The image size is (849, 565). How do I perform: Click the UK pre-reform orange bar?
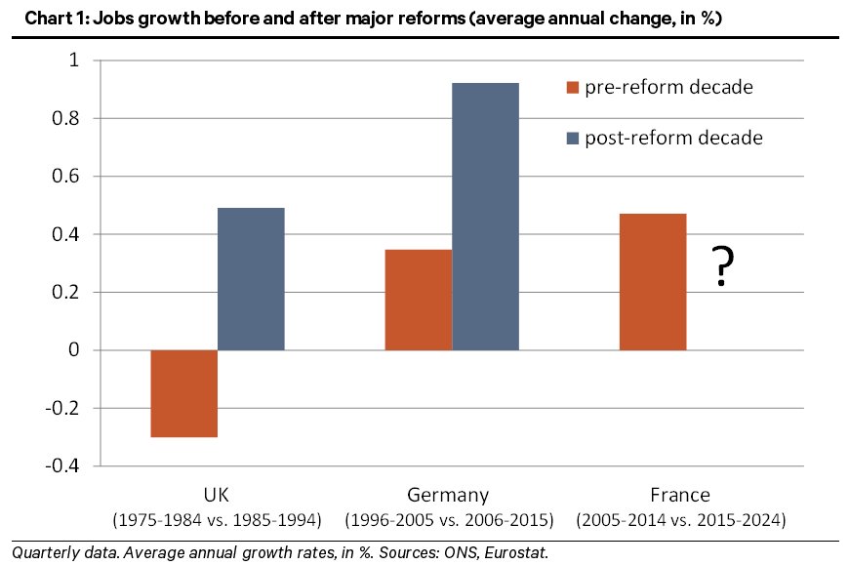184,393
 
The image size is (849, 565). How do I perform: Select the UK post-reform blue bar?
251,279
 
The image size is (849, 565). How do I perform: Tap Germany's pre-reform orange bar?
419,300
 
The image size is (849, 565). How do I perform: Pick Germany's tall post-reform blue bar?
486,217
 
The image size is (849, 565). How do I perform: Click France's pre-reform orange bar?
653,282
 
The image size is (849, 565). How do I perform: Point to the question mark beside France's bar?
722,265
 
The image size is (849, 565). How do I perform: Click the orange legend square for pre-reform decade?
572,87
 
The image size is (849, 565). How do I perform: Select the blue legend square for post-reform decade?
572,138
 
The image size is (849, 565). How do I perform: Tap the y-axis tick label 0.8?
65,118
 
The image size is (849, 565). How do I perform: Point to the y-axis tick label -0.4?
62,466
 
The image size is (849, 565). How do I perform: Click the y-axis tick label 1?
74,61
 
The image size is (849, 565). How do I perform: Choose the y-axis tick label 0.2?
65,292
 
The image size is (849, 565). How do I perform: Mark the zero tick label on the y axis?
73,350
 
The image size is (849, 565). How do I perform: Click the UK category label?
217,495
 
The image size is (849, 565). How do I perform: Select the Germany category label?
448,495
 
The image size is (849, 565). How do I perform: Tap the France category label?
680,495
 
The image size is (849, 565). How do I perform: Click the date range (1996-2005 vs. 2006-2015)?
450,520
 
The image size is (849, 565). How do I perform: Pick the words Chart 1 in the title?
57,19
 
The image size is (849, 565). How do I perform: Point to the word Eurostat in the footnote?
516,553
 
